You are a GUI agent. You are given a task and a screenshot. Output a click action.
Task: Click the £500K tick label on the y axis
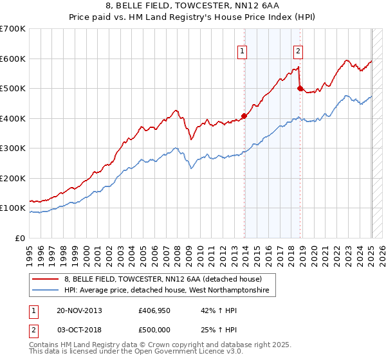[x=13, y=88]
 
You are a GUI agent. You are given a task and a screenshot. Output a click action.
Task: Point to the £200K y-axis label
[x=13, y=178]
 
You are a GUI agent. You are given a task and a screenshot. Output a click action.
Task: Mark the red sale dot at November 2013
[x=244, y=116]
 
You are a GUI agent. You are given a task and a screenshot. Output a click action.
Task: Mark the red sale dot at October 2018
[x=300, y=89]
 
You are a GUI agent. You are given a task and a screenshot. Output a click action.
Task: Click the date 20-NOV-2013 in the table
[x=79, y=310]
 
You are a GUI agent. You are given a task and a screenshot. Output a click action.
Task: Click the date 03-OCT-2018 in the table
[x=79, y=329]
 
